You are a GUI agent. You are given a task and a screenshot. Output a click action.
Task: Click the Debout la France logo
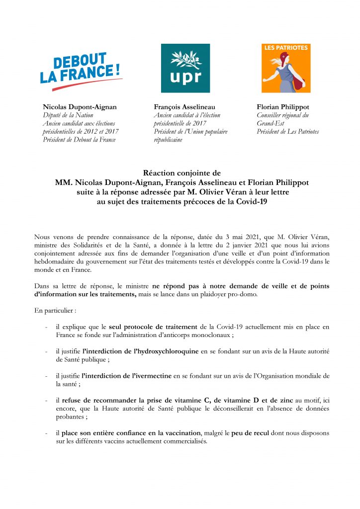(81, 71)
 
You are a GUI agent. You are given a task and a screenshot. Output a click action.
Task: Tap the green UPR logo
(185, 68)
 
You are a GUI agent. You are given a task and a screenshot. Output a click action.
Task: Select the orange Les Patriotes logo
(286, 68)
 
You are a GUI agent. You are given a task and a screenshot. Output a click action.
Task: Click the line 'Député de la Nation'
(66, 115)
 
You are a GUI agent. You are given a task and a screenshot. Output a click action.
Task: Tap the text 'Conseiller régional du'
(282, 115)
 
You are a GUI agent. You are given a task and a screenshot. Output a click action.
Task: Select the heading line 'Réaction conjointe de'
(181, 173)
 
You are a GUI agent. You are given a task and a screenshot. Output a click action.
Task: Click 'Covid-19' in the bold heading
(249, 202)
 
